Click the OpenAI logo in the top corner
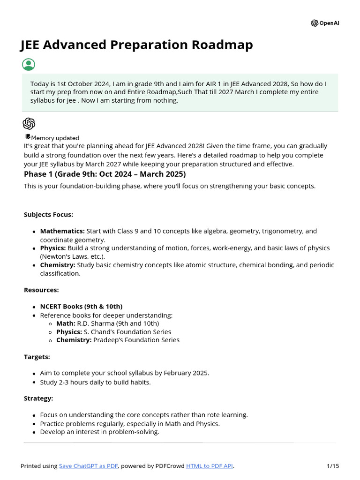325,23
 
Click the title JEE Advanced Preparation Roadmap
136,45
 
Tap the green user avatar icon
29,65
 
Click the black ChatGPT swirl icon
29,124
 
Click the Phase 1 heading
105,174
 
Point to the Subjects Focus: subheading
48,215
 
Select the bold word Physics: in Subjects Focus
53,248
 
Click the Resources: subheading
41,290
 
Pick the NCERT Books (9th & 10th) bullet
81,307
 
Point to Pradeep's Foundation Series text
136,340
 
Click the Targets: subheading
37,357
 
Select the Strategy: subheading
38,398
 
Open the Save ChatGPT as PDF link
89,466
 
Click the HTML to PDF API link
210,466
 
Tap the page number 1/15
333,466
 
